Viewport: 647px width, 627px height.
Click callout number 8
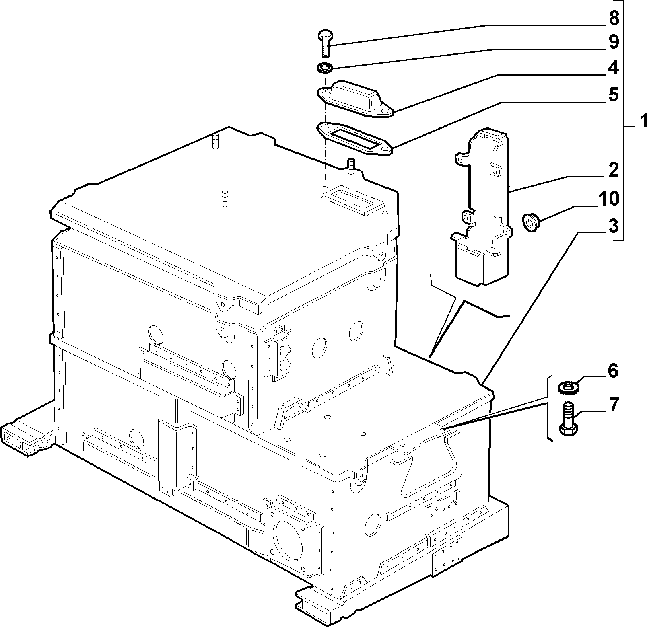[613, 18]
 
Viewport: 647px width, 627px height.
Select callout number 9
[613, 42]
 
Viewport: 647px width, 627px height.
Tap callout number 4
[613, 68]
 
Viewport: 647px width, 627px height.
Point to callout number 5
[613, 95]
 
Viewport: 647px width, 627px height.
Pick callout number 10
[608, 198]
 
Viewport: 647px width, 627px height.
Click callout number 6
[612, 371]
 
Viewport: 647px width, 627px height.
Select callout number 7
[612, 405]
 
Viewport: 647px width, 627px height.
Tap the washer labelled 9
[325, 68]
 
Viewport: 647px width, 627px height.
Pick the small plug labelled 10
[529, 222]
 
